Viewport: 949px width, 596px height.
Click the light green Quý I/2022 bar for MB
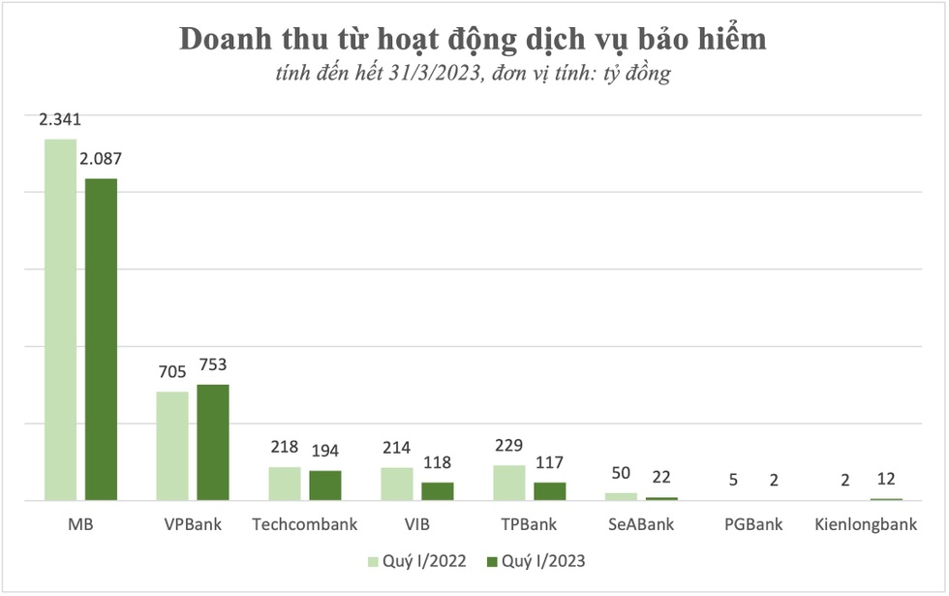(x=60, y=320)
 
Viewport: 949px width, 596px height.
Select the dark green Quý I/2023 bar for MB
(x=101, y=339)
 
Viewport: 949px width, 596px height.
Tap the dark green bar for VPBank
(x=213, y=443)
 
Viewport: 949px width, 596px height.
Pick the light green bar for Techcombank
(x=285, y=484)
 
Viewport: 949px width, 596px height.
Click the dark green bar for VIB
(x=438, y=491)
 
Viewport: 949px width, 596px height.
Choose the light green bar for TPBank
(x=509, y=483)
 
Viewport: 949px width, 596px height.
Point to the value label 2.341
(x=60, y=121)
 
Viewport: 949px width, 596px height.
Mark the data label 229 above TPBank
(x=509, y=447)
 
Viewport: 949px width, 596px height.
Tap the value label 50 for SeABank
(x=622, y=474)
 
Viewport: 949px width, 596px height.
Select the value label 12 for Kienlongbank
(x=887, y=480)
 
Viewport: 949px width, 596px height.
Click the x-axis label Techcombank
(x=305, y=525)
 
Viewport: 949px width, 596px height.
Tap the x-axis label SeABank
(x=641, y=525)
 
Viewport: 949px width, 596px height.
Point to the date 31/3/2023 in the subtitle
(x=438, y=74)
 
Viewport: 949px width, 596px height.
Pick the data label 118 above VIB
(x=438, y=463)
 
